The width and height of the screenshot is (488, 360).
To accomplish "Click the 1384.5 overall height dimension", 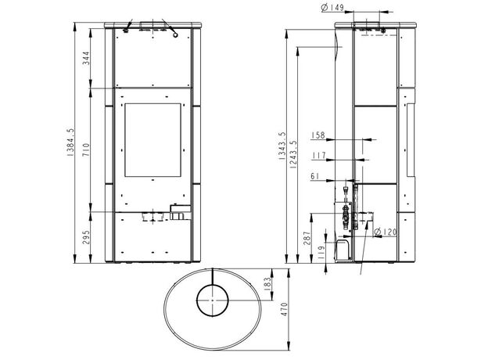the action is click(x=71, y=142).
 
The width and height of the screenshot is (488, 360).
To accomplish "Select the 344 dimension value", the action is click(x=85, y=58).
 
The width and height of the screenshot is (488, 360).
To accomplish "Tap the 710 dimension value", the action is click(x=85, y=149).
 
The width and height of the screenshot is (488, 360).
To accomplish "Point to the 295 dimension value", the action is click(x=86, y=237).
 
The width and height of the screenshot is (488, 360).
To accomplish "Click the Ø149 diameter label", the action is click(x=332, y=8).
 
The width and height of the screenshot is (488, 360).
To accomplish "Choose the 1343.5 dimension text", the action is click(x=282, y=146).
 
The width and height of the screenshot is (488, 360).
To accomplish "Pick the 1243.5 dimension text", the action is click(x=293, y=155).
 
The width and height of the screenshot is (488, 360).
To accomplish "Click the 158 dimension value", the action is click(x=318, y=135).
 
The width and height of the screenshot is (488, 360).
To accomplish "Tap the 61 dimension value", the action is click(x=315, y=176).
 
